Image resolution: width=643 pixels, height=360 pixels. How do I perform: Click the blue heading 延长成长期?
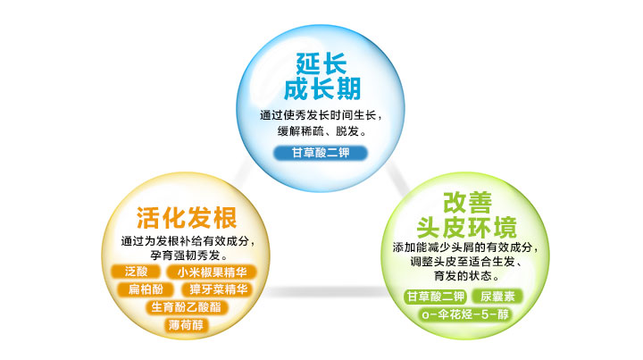point(322,76)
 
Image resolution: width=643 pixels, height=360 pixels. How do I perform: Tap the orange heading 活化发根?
point(187,217)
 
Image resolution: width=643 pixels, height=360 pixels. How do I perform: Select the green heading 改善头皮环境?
point(467,215)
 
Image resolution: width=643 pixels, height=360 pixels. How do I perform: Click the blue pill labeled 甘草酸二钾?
point(321,153)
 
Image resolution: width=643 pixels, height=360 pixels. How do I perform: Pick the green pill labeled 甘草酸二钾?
point(436,296)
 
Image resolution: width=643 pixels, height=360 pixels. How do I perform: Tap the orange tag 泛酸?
point(136,272)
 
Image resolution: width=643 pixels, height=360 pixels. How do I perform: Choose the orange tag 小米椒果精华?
point(212,272)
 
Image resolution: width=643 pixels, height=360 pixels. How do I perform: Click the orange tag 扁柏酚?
point(146,289)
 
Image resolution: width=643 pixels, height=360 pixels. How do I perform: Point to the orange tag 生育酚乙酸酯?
point(187,306)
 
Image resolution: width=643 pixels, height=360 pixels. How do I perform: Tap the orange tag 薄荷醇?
point(186,325)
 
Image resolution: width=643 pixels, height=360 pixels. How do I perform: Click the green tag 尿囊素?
point(497,296)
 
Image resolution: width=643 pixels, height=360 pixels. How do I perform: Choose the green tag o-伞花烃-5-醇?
point(465,314)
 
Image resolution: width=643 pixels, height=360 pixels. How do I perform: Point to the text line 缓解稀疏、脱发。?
point(322,131)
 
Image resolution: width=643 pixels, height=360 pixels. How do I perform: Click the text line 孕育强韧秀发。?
point(189,255)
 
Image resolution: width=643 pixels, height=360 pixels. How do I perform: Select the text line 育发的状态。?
point(467,275)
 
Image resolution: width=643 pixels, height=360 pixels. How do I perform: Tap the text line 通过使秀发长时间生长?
point(321,115)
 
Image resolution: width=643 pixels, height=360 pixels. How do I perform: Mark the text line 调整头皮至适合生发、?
point(466,261)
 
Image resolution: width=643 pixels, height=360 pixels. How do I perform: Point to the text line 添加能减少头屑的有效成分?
point(465,247)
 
